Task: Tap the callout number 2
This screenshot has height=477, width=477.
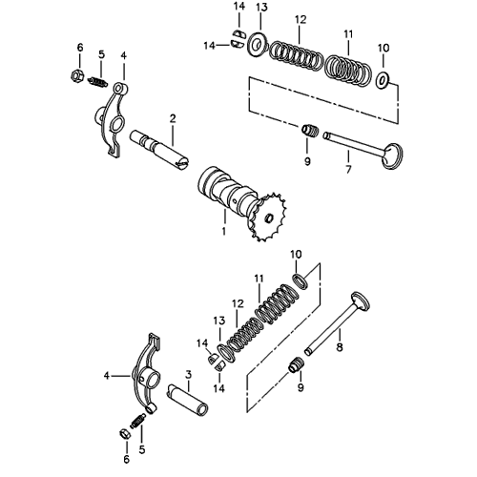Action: click(x=172, y=118)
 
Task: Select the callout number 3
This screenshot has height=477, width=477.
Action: click(x=190, y=373)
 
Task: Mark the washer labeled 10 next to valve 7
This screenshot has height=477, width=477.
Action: click(x=383, y=80)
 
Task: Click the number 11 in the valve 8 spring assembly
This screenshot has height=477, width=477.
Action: click(x=258, y=278)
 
